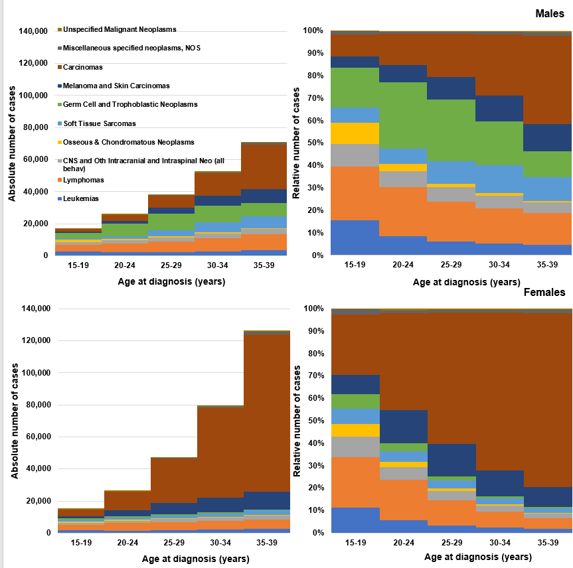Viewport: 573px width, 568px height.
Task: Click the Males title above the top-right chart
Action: [550, 13]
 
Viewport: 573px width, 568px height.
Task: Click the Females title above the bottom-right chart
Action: [544, 292]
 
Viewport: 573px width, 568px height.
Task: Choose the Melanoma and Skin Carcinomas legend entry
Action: [116, 86]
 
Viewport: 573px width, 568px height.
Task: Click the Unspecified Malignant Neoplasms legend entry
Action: [120, 29]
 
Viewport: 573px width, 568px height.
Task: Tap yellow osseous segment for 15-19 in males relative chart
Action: [355, 133]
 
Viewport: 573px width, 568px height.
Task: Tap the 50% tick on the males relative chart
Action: [313, 143]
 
